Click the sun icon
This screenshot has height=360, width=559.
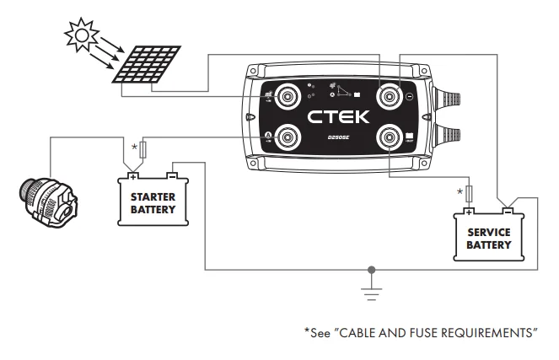point(83,34)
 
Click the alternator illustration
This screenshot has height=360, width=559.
point(46,196)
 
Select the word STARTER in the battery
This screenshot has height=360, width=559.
point(153,196)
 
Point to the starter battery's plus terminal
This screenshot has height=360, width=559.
point(132,177)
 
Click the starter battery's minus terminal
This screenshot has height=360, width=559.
point(172,177)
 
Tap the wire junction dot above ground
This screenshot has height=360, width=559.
point(372,271)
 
